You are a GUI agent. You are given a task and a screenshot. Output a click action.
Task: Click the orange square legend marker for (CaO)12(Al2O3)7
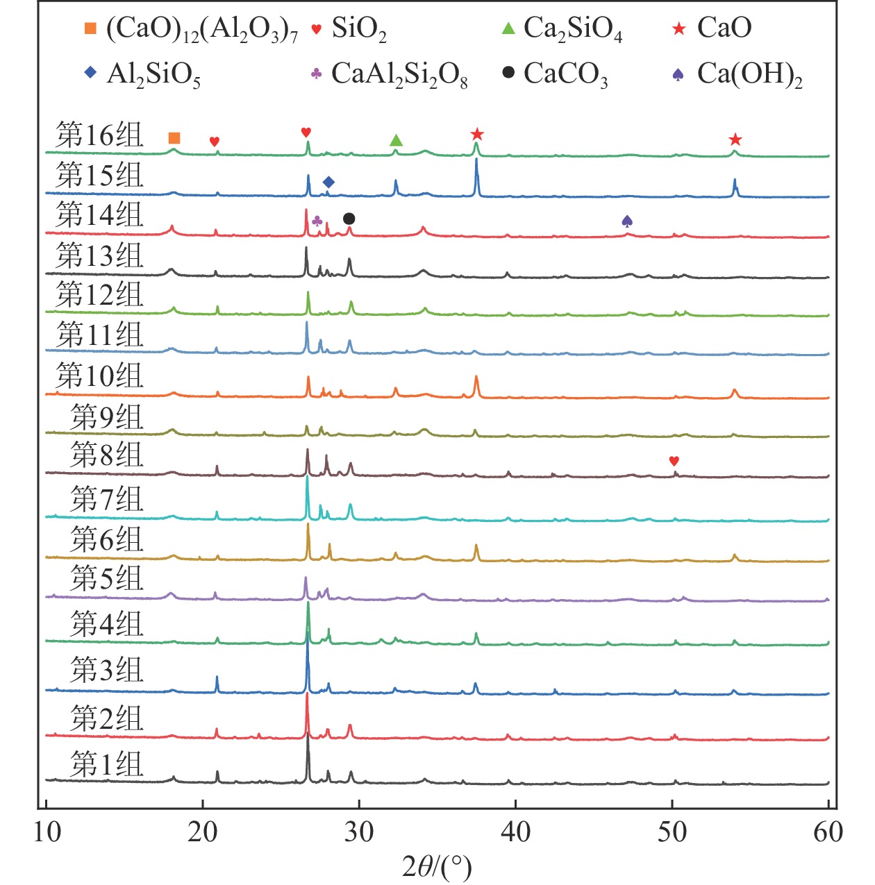(90, 28)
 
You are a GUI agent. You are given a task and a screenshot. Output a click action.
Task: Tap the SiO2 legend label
(358, 29)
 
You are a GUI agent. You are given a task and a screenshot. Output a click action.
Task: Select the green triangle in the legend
(508, 28)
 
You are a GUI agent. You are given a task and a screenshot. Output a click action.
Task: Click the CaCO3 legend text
(565, 74)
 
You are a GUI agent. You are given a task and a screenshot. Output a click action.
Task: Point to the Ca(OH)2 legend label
(750, 74)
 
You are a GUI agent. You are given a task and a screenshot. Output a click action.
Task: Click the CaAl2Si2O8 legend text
(399, 74)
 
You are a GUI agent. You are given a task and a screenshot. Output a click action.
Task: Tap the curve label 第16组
(99, 135)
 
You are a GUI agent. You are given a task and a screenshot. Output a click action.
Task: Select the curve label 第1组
(106, 764)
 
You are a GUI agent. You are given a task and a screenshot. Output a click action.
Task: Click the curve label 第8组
(106, 455)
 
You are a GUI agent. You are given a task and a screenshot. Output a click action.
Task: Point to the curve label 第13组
(99, 255)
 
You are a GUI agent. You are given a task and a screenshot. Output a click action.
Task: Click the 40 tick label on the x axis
(516, 832)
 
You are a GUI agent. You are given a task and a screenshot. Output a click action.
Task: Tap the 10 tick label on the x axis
(47, 832)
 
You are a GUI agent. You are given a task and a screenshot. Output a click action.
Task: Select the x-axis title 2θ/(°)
(437, 866)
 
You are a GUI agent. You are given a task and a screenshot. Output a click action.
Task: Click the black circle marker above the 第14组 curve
(349, 219)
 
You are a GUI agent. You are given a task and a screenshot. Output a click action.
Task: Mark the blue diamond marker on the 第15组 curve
(328, 182)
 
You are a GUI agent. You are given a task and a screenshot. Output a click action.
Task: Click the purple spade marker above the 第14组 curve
(627, 221)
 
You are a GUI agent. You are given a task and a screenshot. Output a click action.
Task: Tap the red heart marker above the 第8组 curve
(674, 461)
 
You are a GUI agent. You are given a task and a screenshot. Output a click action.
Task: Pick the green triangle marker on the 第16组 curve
(396, 140)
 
